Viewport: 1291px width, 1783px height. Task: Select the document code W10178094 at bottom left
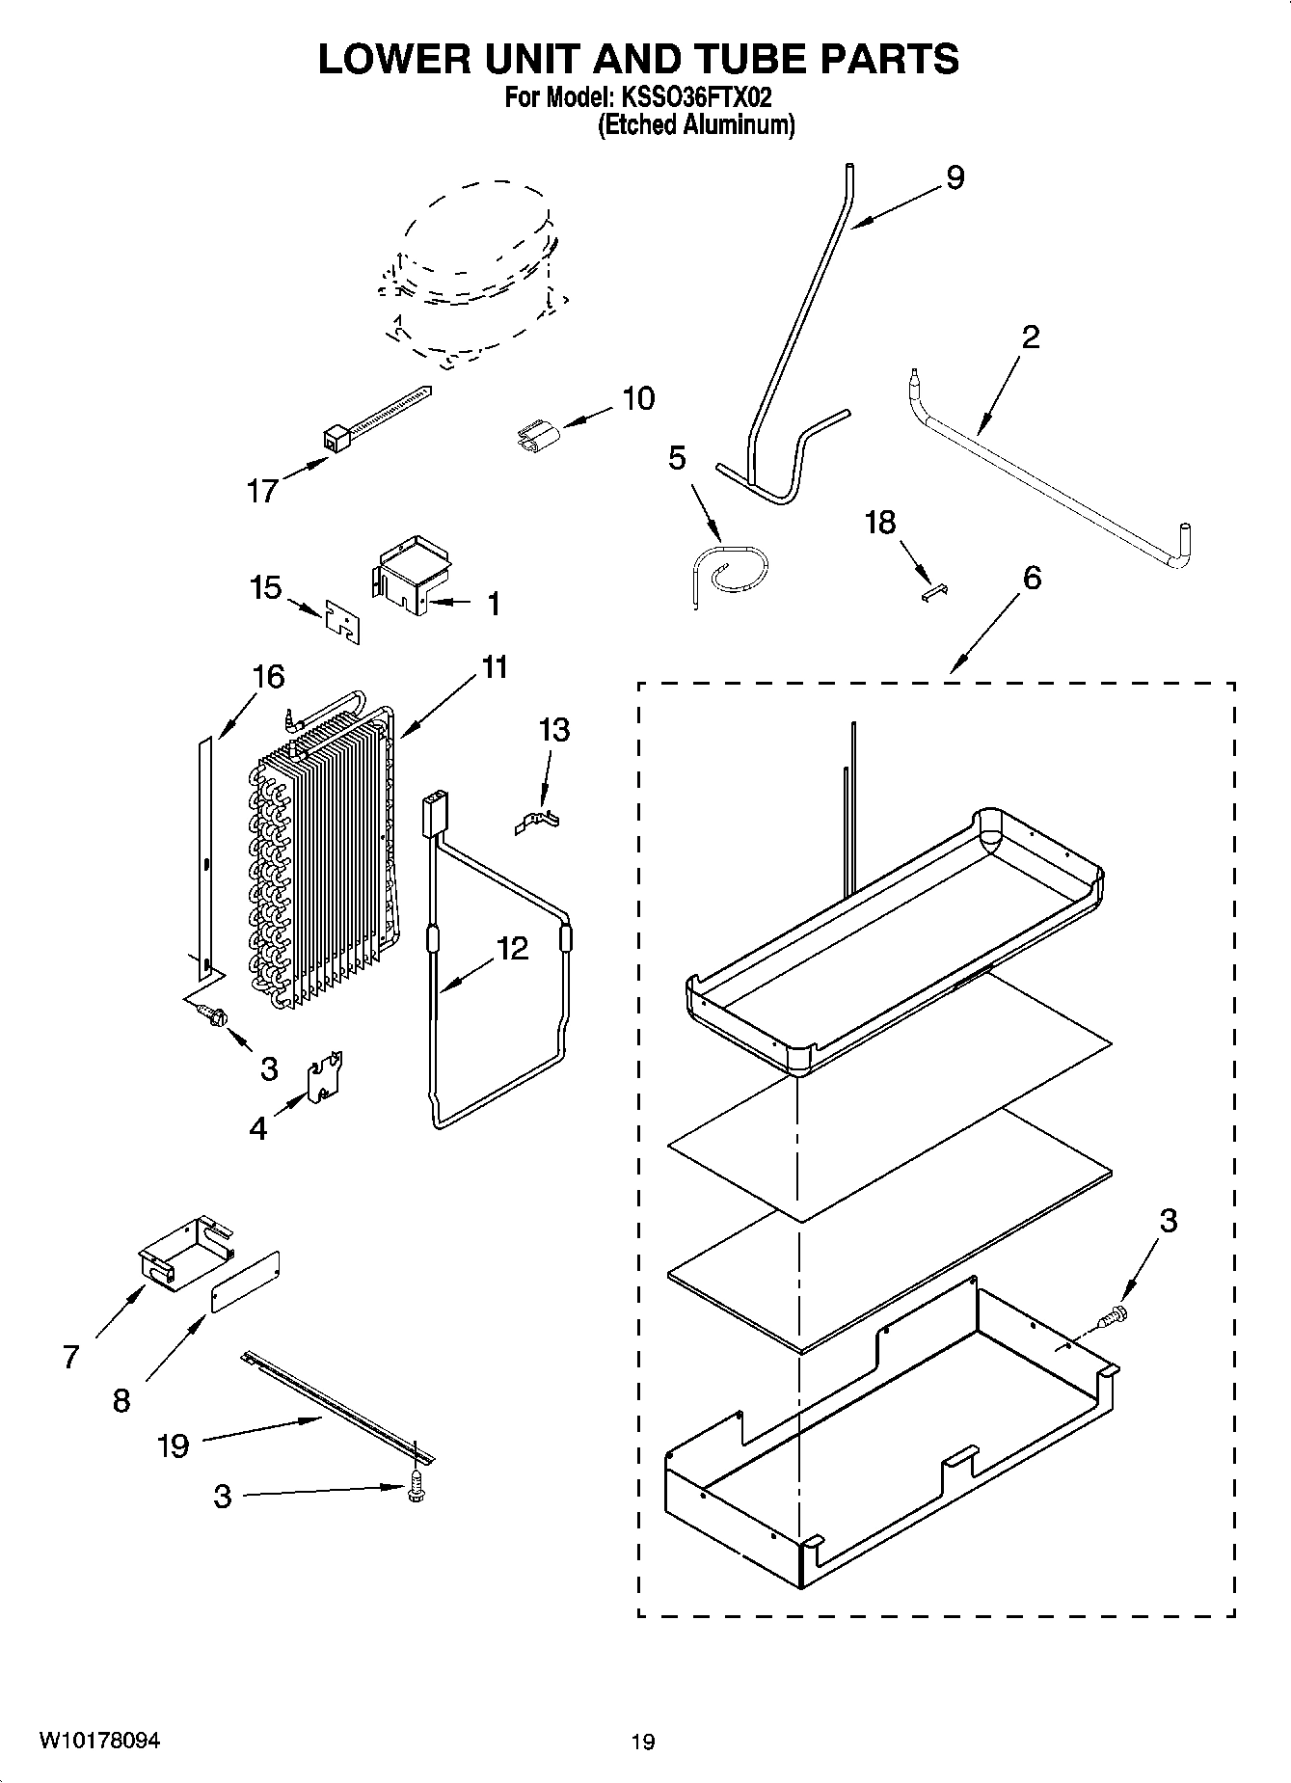tap(99, 1741)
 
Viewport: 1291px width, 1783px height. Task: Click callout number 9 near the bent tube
tap(955, 177)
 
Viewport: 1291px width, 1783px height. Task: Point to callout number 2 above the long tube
tap(1030, 338)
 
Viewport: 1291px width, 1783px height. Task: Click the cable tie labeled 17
tap(376, 418)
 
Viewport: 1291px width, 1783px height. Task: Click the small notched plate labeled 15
tap(342, 621)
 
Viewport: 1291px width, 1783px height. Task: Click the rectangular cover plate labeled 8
tap(245, 1283)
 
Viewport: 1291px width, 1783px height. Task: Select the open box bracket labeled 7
tap(184, 1251)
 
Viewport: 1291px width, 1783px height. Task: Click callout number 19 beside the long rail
tap(174, 1445)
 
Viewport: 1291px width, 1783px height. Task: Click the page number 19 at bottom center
tap(643, 1742)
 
